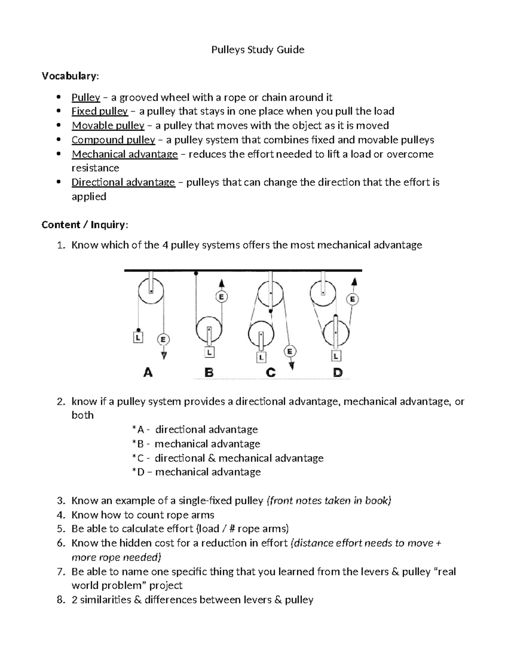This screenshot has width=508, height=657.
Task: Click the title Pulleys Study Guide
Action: pos(258,50)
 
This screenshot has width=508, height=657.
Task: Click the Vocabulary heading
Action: pos(70,76)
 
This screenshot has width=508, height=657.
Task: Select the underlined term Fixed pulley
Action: pos(99,111)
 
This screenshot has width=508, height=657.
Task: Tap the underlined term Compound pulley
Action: pos(113,140)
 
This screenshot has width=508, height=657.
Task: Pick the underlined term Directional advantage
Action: pos(123,182)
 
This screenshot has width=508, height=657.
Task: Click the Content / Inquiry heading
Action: pos(84,225)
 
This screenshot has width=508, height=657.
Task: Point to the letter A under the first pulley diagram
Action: pos(148,373)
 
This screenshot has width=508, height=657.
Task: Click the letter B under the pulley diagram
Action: pos(209,373)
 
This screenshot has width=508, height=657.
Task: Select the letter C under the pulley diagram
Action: pos(271,373)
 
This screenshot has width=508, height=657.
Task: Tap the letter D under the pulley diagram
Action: pos(337,373)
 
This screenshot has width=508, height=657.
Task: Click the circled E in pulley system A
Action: pos(163,339)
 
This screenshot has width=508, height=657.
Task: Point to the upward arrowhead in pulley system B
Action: pos(221,283)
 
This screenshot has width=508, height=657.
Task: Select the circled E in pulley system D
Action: pos(352,300)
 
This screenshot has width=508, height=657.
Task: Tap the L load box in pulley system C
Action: pos(261,357)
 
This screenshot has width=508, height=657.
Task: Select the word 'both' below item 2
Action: pos(83,415)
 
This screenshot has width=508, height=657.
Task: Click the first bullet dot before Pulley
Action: pos(58,98)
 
